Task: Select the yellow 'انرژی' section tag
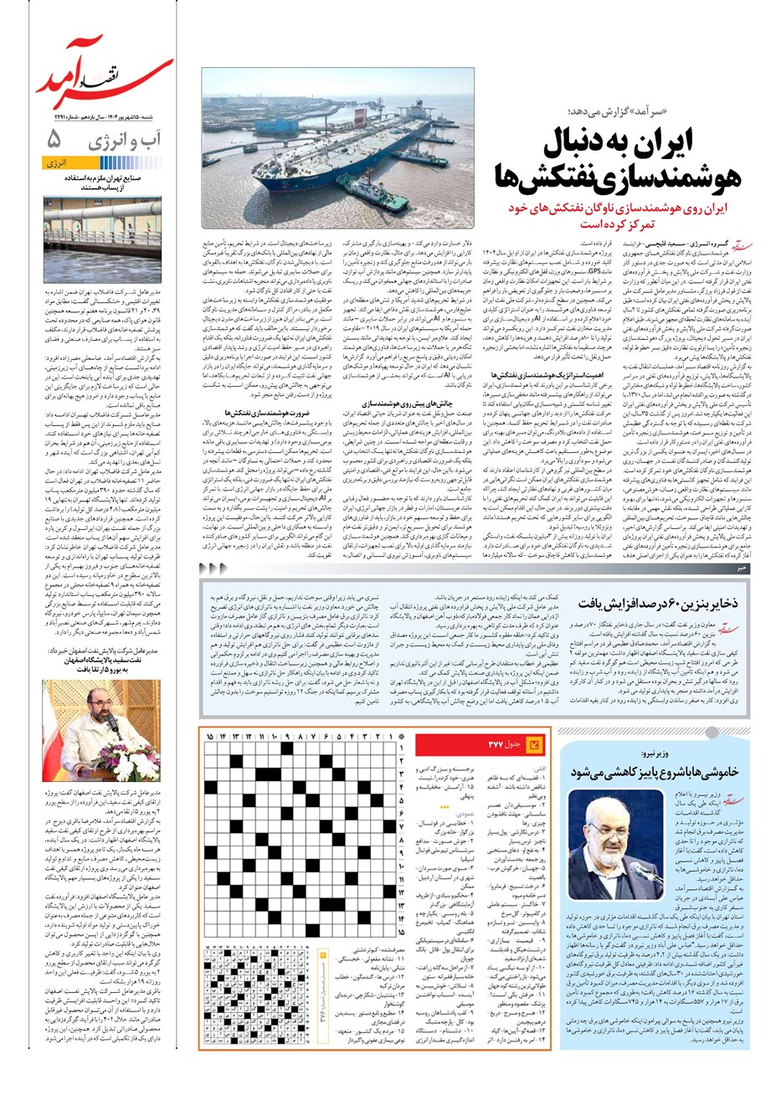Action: [59, 164]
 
